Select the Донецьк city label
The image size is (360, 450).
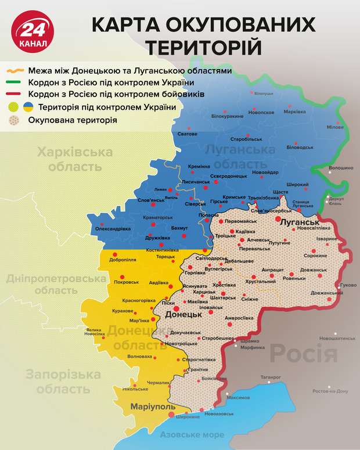183,314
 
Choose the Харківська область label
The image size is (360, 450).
74,160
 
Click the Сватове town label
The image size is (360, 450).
187,134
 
